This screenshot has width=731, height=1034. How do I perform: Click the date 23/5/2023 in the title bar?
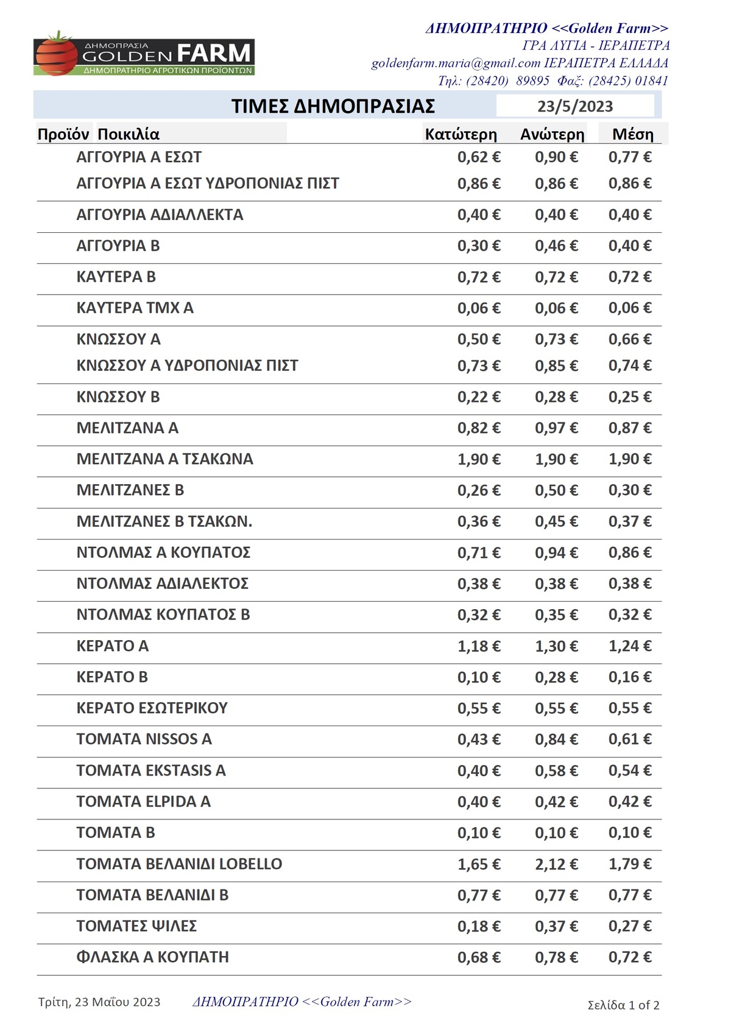tap(574, 106)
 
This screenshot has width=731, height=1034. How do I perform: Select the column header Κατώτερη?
tap(461, 134)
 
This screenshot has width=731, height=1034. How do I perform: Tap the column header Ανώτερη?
tap(552, 134)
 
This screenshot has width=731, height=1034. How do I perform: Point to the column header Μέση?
tap(632, 134)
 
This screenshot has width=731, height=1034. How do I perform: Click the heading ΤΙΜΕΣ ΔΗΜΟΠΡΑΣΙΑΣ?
tap(333, 106)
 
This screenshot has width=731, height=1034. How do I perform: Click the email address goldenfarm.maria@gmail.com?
tap(456, 63)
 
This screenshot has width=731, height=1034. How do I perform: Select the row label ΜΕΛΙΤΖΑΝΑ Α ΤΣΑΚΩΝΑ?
tap(164, 459)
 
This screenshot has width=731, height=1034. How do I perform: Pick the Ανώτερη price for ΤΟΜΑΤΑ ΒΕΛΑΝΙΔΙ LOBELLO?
tap(556, 864)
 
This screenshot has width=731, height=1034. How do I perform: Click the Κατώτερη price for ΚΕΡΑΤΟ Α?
tap(479, 646)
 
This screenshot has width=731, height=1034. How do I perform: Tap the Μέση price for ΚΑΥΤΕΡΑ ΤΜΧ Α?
tap(630, 308)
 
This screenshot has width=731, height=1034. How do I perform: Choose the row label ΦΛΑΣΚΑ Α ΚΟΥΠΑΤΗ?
tap(152, 957)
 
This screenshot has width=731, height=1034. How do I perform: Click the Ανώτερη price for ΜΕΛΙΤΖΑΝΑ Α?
tap(556, 428)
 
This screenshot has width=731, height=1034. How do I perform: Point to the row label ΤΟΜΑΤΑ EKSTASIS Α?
tap(150, 771)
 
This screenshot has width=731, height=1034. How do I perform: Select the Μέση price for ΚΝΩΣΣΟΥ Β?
tap(630, 397)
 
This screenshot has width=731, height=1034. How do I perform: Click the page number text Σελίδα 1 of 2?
tap(623, 1005)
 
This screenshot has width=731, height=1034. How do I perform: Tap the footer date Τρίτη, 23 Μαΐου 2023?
tap(99, 1002)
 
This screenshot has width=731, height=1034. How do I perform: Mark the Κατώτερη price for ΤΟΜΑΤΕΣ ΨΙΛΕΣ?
tap(479, 926)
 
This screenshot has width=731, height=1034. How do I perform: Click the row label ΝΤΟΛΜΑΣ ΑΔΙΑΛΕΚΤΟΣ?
tap(162, 583)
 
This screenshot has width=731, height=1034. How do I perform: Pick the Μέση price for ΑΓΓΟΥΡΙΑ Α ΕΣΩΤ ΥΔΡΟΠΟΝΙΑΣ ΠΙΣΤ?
tap(630, 184)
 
